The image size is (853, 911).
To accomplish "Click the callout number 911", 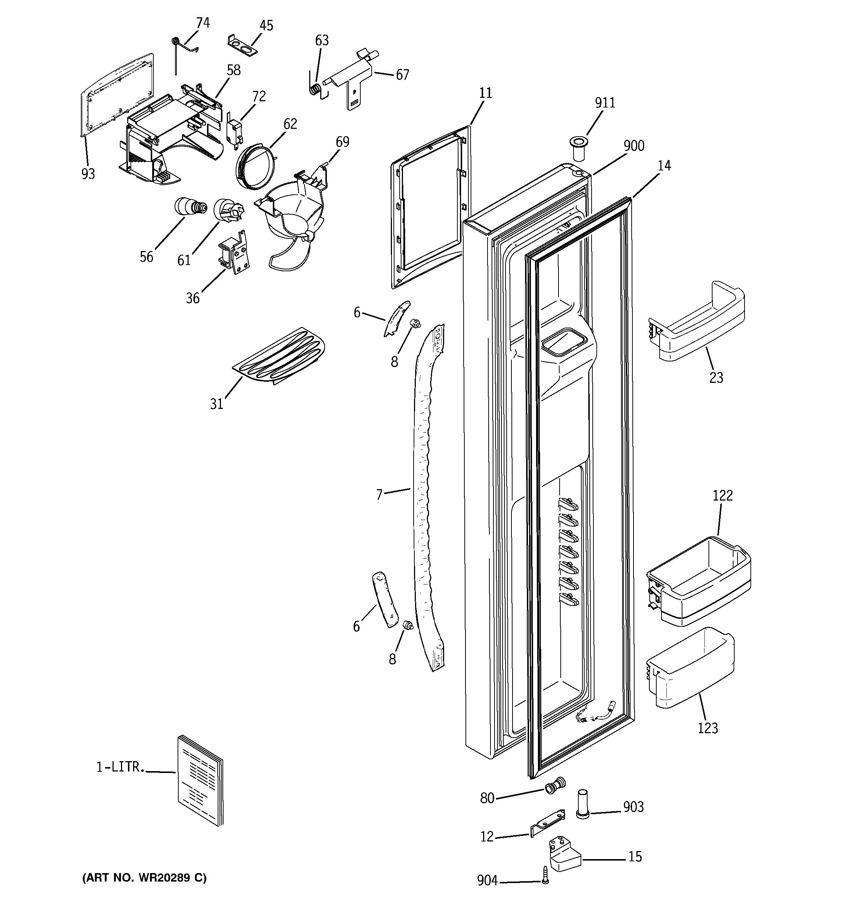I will (x=605, y=103).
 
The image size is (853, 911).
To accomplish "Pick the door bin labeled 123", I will (x=690, y=670).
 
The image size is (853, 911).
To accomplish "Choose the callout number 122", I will (x=722, y=495).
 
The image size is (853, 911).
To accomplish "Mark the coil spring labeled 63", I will (x=314, y=88).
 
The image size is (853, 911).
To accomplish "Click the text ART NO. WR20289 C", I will (x=144, y=878).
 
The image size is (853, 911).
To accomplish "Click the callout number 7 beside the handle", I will (x=379, y=495).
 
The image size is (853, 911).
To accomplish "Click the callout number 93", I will (x=88, y=174).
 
